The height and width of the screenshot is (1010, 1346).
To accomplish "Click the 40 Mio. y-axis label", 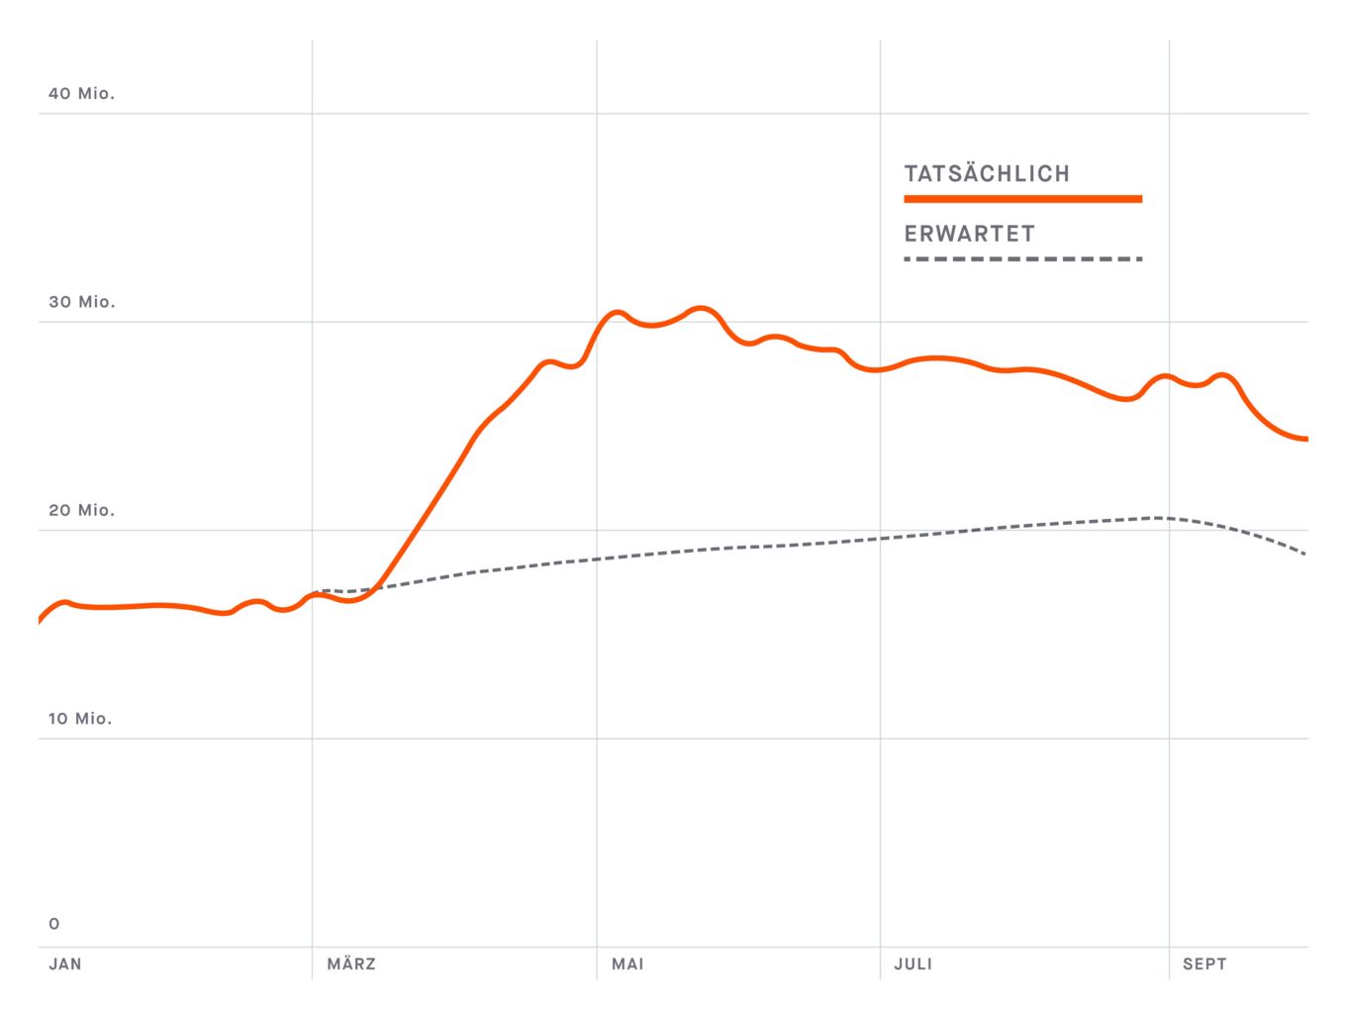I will point(81,93).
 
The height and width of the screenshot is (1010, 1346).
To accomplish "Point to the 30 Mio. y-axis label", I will point(81,302).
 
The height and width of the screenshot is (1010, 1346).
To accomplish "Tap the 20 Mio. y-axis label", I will point(81,510).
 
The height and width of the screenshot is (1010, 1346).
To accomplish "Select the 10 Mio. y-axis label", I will point(79,719).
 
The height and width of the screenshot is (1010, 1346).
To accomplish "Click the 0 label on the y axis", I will point(54,924).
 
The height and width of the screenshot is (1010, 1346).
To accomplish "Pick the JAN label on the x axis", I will point(65,963).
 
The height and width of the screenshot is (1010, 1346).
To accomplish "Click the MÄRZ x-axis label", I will point(351,963).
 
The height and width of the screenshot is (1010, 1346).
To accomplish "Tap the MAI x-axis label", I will point(627,963).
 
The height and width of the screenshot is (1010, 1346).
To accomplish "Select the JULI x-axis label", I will point(913,963).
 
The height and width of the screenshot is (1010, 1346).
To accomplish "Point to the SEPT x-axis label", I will point(1204,963).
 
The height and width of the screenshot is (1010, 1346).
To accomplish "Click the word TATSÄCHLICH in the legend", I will point(987,174).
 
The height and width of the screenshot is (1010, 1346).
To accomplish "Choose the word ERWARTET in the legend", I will point(969,235).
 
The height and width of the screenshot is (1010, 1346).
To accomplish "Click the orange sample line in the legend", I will point(1022,199).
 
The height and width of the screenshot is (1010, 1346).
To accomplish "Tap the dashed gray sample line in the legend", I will point(1022,259).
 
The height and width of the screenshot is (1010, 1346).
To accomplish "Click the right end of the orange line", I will point(1306,439).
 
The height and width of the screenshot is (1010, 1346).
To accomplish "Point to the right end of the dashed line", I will point(1305,554).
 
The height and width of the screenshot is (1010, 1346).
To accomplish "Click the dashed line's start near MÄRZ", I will point(316,591).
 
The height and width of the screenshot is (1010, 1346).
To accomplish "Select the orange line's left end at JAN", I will point(40,621).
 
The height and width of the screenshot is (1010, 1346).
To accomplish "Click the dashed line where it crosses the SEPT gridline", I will point(1169,518).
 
